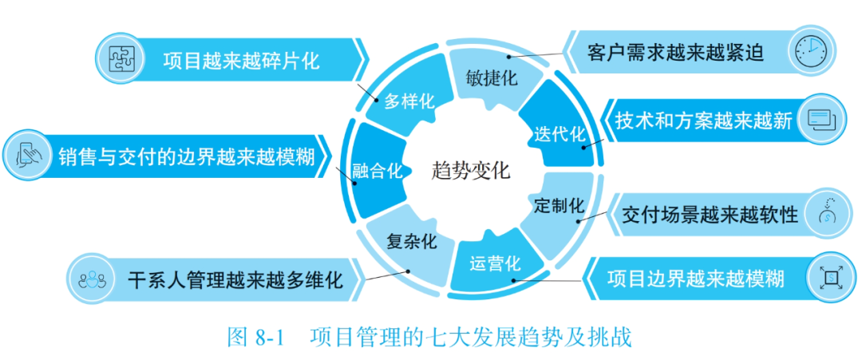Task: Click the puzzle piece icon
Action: tap(120, 57)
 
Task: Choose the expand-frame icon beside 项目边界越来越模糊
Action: tap(831, 278)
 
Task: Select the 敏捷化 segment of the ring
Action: tap(491, 78)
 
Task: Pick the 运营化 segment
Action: tap(495, 262)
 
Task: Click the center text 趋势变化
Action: tap(470, 170)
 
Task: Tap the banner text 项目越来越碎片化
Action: tap(241, 60)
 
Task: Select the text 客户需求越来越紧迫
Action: tap(675, 53)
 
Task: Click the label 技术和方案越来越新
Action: tap(702, 121)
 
